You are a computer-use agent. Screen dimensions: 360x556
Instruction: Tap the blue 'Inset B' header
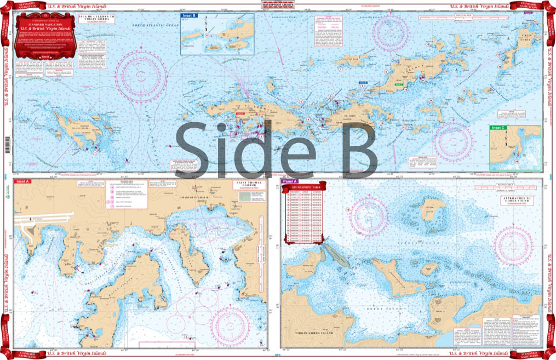tap(189, 16)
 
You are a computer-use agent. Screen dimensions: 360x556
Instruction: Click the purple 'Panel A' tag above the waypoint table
tap(289, 181)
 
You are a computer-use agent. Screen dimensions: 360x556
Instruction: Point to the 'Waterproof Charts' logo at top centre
tap(277, 7)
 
